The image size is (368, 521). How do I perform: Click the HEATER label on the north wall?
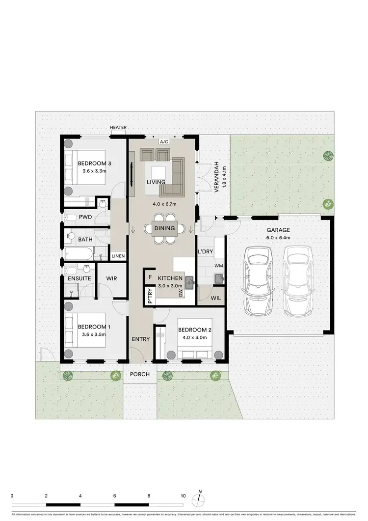coord(118,128)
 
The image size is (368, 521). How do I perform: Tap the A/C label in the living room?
coord(164,142)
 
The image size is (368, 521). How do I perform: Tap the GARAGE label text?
coord(278,230)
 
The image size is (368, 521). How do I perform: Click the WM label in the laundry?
coord(218,266)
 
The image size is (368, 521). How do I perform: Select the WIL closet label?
coord(215,298)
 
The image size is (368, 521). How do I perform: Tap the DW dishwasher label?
coord(181,293)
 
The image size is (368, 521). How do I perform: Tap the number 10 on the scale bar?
coord(183,496)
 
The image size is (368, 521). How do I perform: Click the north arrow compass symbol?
coord(198,498)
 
